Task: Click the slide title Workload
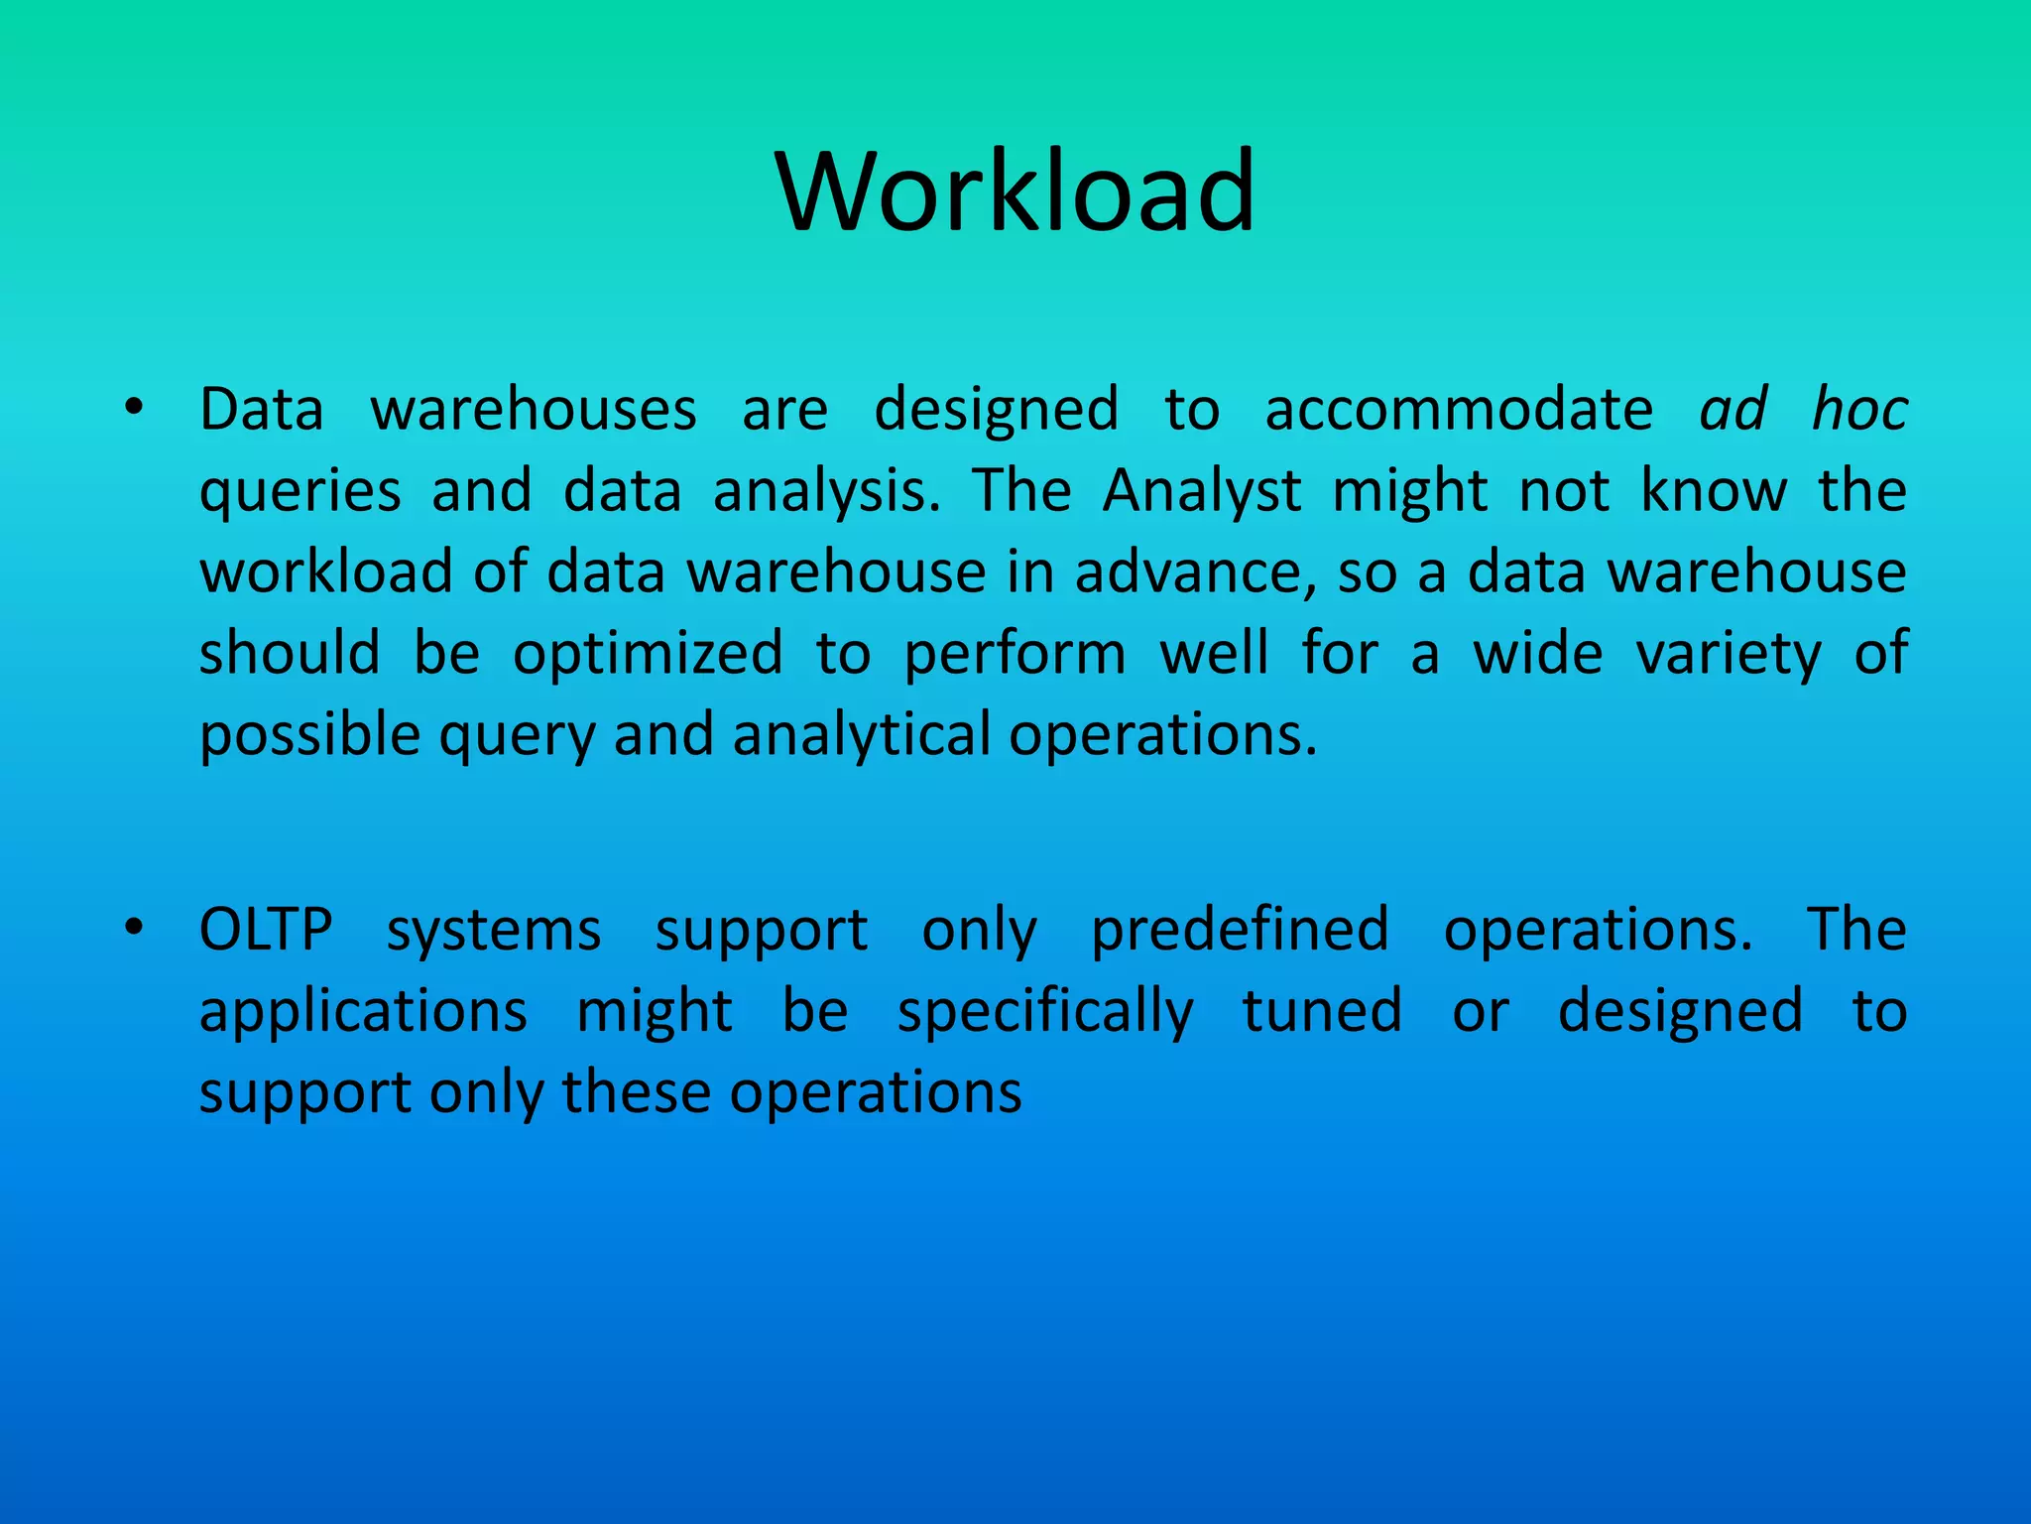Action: (x=1015, y=190)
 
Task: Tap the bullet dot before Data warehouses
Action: (x=135, y=408)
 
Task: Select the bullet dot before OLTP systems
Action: (x=135, y=929)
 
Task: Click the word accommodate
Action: (x=1459, y=409)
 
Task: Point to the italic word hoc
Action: (x=1859, y=409)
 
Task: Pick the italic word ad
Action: (x=1732, y=409)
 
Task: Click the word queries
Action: (x=300, y=493)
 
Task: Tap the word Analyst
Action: (x=1202, y=491)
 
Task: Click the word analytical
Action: (x=861, y=736)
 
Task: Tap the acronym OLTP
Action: (x=266, y=930)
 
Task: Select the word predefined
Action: (x=1240, y=931)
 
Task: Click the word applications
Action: (x=363, y=1013)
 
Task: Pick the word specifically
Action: (x=1045, y=1013)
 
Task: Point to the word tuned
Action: (x=1322, y=1011)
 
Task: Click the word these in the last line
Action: (x=637, y=1092)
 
